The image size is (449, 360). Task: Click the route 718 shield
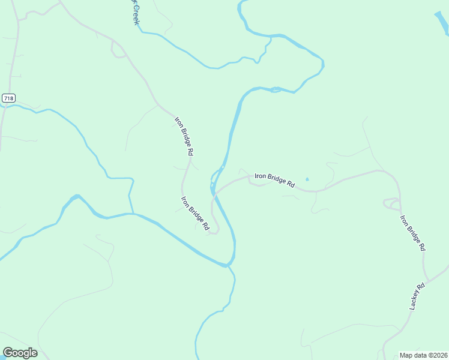8,98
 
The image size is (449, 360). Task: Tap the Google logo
20,353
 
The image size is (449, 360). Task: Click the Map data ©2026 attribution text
423,355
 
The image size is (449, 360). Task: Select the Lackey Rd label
417,296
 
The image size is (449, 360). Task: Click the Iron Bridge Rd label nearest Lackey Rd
413,233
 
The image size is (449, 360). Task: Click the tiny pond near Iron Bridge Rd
307,179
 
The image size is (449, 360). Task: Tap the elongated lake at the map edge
442,23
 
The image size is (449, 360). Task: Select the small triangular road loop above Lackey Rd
391,203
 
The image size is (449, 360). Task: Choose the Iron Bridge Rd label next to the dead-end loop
195,214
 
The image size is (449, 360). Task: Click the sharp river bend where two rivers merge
228,264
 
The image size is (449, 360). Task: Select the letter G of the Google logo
7,353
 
